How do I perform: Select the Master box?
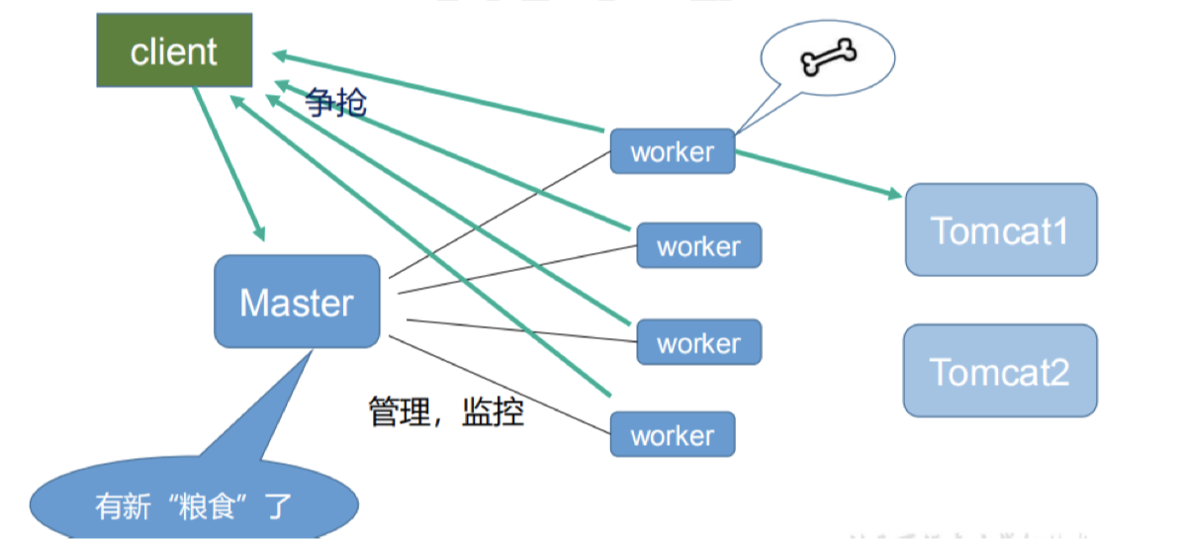pyautogui.click(x=296, y=302)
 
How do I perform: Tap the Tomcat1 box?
pyautogui.click(x=1000, y=229)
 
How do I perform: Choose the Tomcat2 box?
pyautogui.click(x=999, y=370)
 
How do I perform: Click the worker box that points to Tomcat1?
pyautogui.click(x=672, y=151)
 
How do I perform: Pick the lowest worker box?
pyautogui.click(x=672, y=434)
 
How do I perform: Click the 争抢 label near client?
pyautogui.click(x=336, y=101)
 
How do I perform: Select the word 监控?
pyautogui.click(x=493, y=410)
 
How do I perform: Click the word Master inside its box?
pyautogui.click(x=296, y=303)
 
